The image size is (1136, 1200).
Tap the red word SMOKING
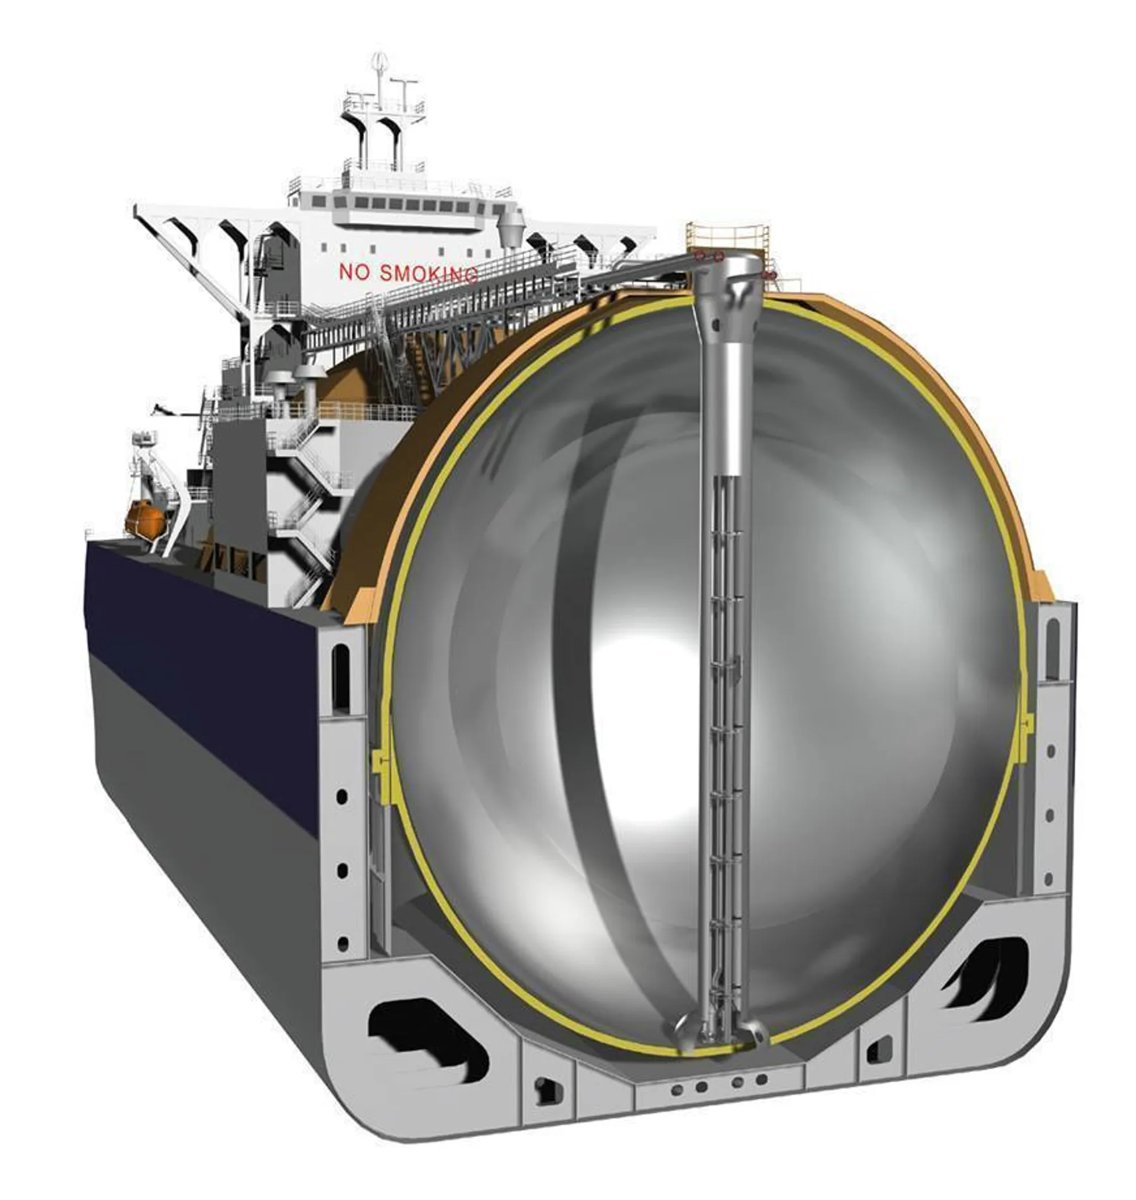click(x=428, y=274)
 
